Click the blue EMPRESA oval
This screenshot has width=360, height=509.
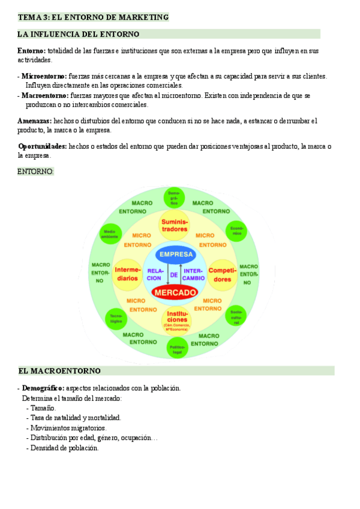(174, 254)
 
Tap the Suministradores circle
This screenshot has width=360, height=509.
(174, 226)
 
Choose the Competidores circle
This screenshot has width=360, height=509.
(222, 275)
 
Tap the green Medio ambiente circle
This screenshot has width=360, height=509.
(109, 234)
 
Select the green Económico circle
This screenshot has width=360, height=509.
(236, 232)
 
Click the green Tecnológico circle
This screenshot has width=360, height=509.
(115, 318)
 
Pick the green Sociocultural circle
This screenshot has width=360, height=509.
(236, 316)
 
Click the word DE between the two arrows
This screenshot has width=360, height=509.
(174, 274)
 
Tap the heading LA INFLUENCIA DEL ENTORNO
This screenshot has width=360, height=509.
(79, 34)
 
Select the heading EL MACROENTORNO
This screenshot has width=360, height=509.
(59, 371)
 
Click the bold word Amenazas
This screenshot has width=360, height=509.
(34, 121)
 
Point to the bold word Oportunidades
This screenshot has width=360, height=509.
(43, 146)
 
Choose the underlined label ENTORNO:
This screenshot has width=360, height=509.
(35, 172)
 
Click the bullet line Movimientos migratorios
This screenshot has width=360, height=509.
(68, 428)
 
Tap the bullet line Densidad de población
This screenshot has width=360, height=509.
(64, 448)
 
